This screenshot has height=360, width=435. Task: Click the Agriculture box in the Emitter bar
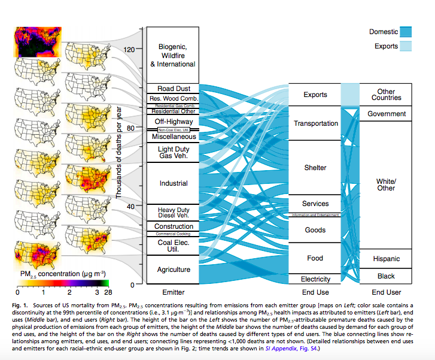(x=173, y=270)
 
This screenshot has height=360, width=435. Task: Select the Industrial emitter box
(x=173, y=183)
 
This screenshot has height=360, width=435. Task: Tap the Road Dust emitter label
(x=173, y=89)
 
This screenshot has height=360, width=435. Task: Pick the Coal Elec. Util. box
(x=173, y=246)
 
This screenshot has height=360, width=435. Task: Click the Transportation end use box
(x=316, y=123)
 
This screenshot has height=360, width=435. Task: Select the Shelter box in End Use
(x=316, y=168)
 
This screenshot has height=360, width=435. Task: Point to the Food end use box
(x=316, y=259)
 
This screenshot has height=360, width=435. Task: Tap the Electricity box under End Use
(x=316, y=279)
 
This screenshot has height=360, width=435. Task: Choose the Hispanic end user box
(x=386, y=259)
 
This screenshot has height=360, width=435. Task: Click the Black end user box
(x=386, y=276)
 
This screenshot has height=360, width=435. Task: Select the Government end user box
(x=386, y=114)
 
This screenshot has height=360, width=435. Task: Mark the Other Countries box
(x=386, y=95)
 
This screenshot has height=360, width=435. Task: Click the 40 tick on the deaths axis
(x=132, y=206)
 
